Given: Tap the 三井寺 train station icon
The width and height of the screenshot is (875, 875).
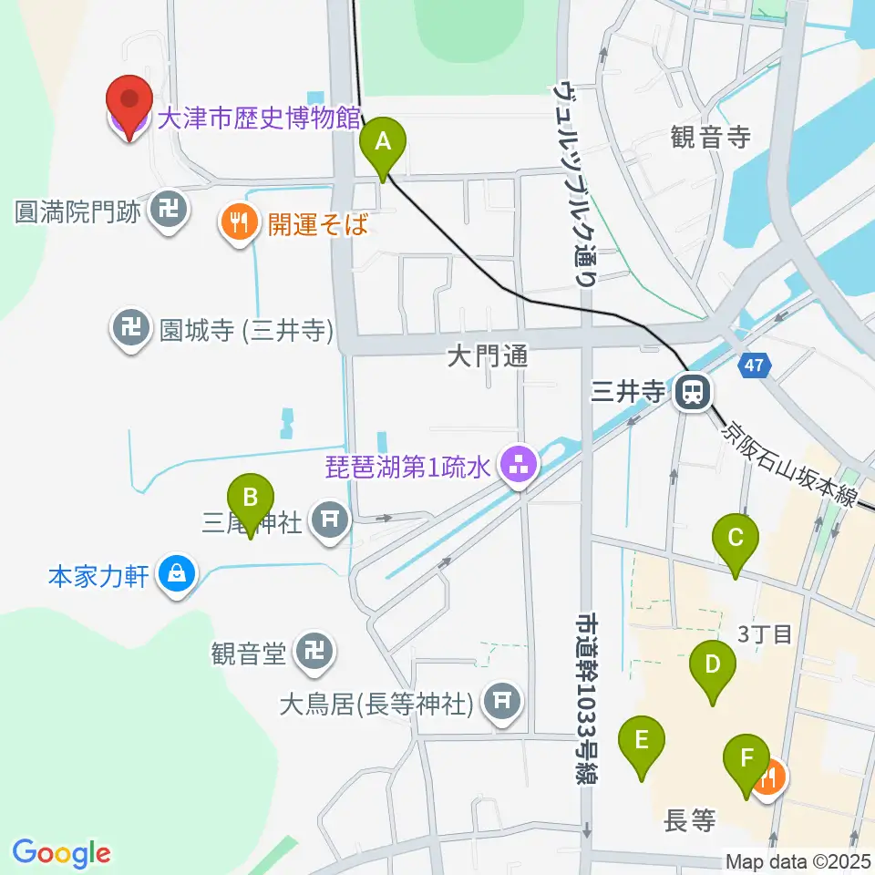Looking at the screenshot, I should tap(693, 394).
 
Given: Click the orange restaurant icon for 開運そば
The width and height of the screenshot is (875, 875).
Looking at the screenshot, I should tap(239, 221).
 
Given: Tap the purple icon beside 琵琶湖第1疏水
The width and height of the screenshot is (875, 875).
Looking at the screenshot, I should tap(520, 466).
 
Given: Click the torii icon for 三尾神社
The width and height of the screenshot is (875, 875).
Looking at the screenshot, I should tap(328, 520).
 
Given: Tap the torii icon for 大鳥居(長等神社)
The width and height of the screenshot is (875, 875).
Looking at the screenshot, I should tap(499, 701).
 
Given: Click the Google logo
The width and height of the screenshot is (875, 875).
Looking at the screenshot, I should tap(61, 854).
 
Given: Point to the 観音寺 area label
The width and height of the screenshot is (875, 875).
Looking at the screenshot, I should tap(710, 138).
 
